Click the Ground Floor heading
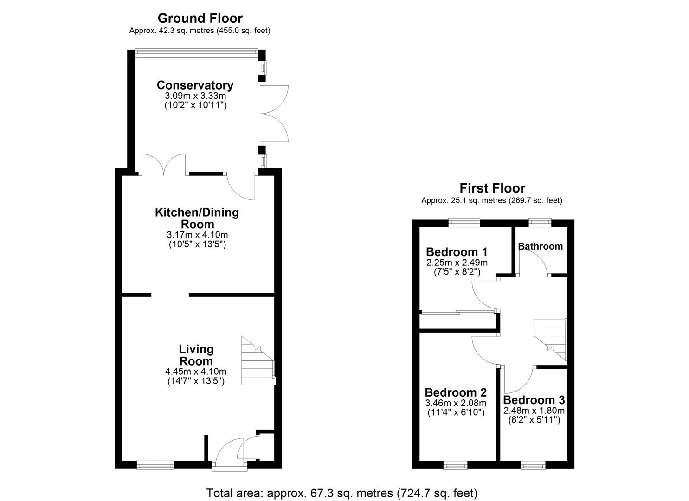pyautogui.click(x=200, y=18)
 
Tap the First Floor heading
pyautogui.click(x=492, y=188)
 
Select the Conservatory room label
pyautogui.click(x=195, y=85)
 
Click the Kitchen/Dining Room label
pyautogui.click(x=197, y=218)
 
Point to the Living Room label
pyautogui.click(x=196, y=355)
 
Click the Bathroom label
pyautogui.click(x=540, y=246)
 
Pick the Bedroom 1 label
pyautogui.click(x=457, y=252)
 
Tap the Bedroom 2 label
pyautogui.click(x=456, y=392)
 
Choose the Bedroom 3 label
pyautogui.click(x=534, y=400)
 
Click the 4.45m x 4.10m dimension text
pyautogui.click(x=195, y=372)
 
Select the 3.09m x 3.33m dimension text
pyautogui.click(x=195, y=96)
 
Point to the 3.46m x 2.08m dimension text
pyautogui.click(x=456, y=403)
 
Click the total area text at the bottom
pyautogui.click(x=341, y=493)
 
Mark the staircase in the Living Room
pyautogui.click(x=258, y=362)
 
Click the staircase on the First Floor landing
pyautogui.click(x=550, y=339)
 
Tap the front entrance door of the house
pyautogui.click(x=229, y=466)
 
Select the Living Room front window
pyautogui.click(x=155, y=465)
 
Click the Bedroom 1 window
pyautogui.click(x=464, y=223)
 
